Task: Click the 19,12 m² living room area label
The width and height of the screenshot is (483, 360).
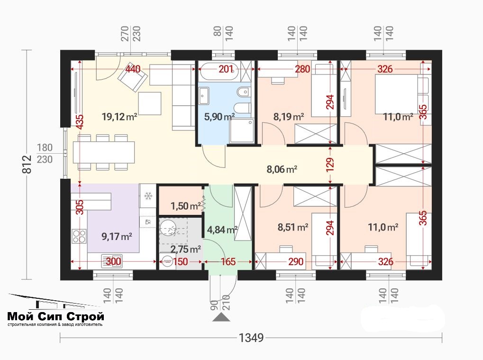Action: coord(119,117)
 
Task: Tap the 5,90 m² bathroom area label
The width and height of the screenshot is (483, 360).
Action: coord(219,117)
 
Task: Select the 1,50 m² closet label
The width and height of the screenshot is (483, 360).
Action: coord(186,206)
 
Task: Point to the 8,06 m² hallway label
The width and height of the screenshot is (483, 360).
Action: coord(282,169)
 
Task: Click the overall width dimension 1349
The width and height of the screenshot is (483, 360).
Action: coord(251,338)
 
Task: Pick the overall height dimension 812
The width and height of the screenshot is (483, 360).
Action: coord(27,164)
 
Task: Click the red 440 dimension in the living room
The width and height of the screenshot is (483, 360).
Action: coord(133,69)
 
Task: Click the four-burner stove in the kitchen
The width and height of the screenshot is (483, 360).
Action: coord(79,236)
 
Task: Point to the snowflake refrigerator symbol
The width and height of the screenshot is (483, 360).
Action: coord(148,196)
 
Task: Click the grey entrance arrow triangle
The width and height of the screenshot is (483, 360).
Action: coord(221,317)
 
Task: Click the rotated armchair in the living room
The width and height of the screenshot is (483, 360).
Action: coord(132,78)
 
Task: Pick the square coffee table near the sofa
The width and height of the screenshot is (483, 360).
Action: coord(150,103)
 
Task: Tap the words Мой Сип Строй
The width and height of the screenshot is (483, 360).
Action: coord(55,316)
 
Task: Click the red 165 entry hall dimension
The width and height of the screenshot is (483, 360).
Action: coord(228,262)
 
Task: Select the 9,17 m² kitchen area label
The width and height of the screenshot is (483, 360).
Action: coord(117,236)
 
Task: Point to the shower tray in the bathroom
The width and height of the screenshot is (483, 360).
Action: coord(242,131)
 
